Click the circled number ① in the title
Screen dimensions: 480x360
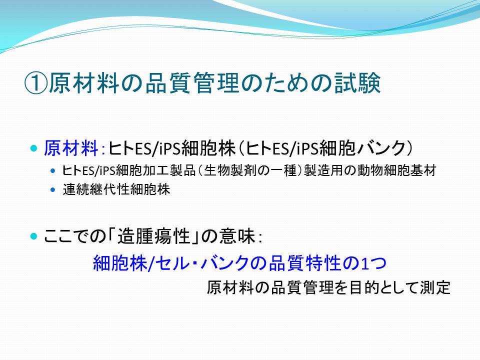click(x=36, y=83)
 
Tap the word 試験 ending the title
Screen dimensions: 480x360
click(x=357, y=83)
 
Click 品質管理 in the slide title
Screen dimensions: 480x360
click(x=192, y=83)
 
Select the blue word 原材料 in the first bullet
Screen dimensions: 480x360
click(x=71, y=148)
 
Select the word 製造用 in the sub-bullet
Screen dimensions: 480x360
click(x=323, y=170)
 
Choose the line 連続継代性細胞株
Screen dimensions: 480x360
click(x=116, y=189)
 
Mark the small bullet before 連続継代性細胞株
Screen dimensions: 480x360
click(x=53, y=190)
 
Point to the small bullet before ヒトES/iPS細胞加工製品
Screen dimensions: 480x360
click(x=53, y=171)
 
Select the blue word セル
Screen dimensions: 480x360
click(x=172, y=263)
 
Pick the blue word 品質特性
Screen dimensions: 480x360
click(x=304, y=263)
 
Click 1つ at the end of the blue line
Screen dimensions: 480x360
click(x=373, y=263)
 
